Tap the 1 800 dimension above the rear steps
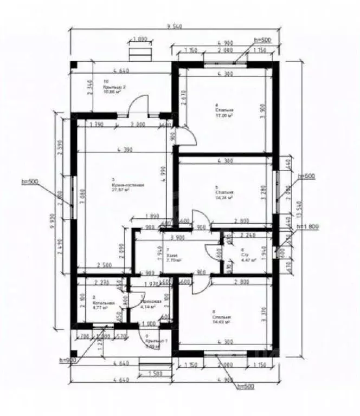140,39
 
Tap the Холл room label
174,257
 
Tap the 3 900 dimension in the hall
176,237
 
